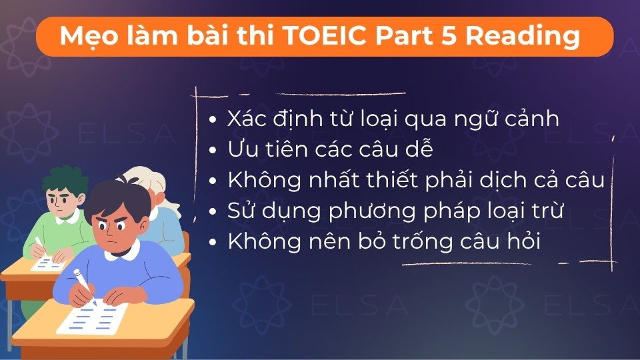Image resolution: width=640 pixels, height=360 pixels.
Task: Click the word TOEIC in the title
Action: [x=324, y=36]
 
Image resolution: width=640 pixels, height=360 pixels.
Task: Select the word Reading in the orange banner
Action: [x=522, y=37]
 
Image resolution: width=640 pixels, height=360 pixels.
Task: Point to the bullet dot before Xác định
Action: [x=213, y=121]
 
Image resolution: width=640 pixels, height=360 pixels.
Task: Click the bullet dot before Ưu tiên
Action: [x=213, y=151]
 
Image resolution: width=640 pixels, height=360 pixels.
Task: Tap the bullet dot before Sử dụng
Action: [x=213, y=213]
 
